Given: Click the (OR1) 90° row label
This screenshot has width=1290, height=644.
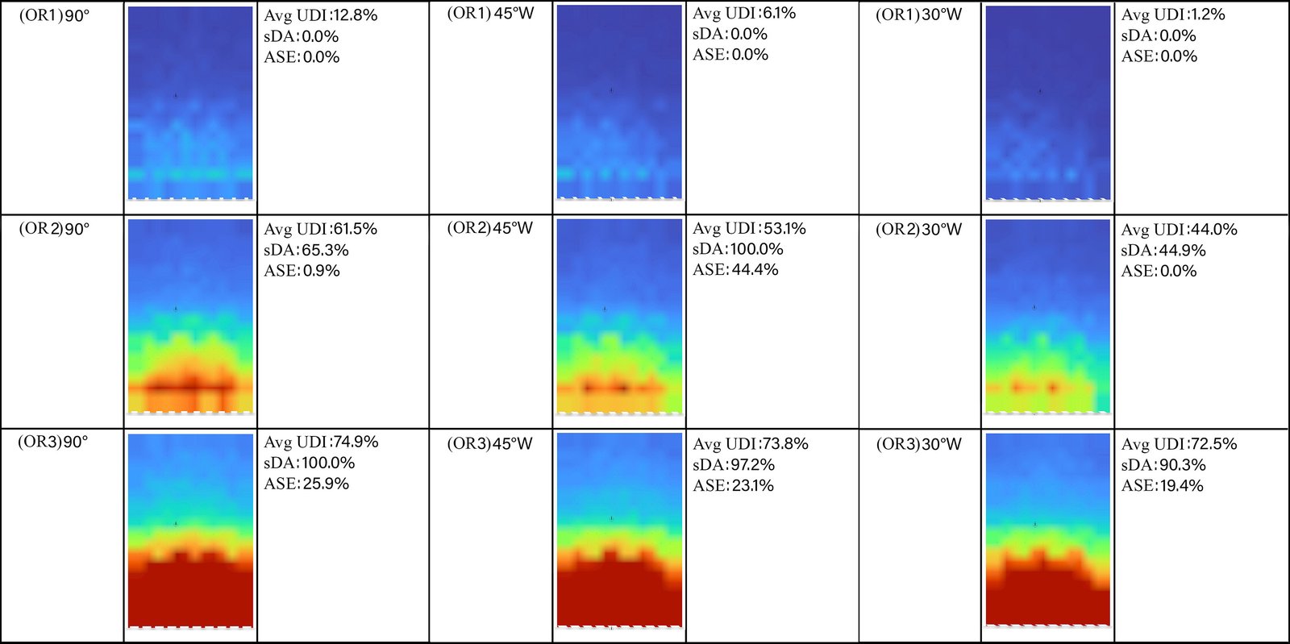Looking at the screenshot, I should point(54,15).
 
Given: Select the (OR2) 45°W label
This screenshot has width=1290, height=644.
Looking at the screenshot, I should point(489,228).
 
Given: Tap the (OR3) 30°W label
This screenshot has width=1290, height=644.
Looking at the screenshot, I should point(918,444).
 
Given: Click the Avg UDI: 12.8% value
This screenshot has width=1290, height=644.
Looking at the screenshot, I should point(320,15).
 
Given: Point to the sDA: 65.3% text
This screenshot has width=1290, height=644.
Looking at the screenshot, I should point(306,250).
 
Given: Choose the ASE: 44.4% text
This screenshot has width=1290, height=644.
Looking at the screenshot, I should point(735,270).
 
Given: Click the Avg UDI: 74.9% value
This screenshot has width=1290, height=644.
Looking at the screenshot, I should point(321,442).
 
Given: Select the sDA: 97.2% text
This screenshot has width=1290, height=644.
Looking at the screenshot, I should point(734,465).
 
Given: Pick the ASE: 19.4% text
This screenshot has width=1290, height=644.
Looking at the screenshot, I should point(1162,486).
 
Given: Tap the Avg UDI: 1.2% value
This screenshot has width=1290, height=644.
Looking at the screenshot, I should point(1172,15).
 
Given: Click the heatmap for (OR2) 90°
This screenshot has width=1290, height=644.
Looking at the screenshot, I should point(190,315).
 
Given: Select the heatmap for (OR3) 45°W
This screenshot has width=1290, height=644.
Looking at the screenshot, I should point(619,530).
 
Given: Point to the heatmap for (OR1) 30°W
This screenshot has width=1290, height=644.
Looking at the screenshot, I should point(1047,102).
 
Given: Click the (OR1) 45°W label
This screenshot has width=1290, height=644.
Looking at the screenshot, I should point(490,14).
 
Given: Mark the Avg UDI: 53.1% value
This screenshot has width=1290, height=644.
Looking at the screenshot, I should point(749,229).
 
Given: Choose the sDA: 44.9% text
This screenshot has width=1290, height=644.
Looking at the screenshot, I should point(1163,251).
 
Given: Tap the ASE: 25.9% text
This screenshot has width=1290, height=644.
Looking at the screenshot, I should point(306,484).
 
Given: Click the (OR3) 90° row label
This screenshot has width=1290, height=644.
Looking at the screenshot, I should point(53,442).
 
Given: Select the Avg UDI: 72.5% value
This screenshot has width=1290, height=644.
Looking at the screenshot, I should point(1179,444).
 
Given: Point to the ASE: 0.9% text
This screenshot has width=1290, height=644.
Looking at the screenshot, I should point(302,271).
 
